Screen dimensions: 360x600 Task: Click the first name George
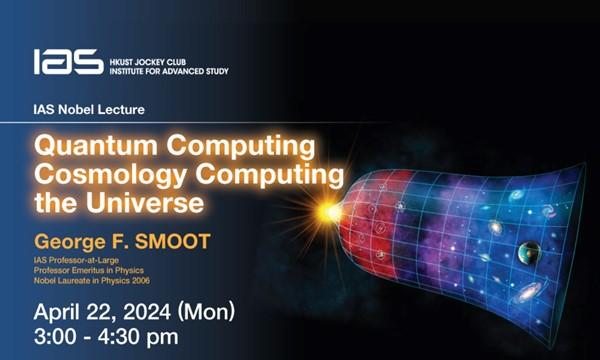[x=71, y=241]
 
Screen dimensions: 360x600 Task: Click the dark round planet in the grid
[x=529, y=252]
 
